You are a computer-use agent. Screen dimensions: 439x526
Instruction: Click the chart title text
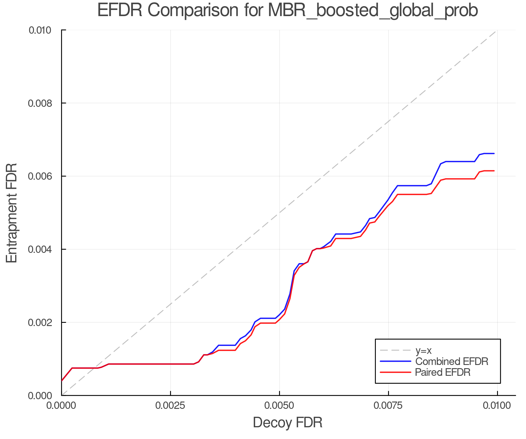[288, 11]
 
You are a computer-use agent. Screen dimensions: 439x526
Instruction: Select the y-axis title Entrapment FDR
[12, 213]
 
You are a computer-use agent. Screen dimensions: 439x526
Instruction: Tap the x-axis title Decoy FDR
[288, 422]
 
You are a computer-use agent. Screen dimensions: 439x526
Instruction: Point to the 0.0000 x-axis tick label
[61, 406]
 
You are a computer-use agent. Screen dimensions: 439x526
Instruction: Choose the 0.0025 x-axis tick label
[170, 406]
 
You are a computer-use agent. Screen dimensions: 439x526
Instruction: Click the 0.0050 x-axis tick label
[280, 406]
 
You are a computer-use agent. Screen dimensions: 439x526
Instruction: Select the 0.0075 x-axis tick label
[389, 406]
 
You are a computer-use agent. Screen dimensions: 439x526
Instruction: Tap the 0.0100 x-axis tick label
[497, 406]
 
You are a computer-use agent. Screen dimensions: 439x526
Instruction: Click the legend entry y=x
[423, 350]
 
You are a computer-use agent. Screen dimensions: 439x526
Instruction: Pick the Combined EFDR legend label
[451, 361]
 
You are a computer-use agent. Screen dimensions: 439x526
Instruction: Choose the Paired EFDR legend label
[442, 372]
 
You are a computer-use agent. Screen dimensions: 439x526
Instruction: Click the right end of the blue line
[494, 153]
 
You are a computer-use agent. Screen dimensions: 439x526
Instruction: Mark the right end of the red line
[494, 171]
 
